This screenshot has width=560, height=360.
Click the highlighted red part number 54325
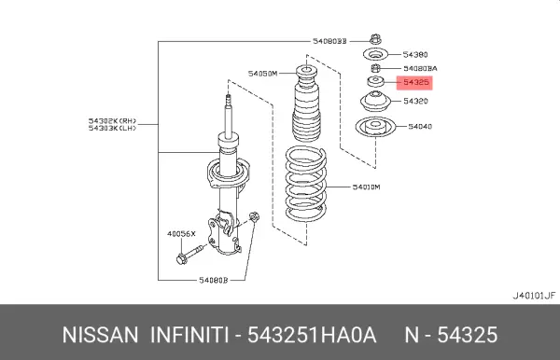[415, 82]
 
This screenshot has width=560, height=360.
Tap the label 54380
[415, 55]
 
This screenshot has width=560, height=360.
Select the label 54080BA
[420, 68]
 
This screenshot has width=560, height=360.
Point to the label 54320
[415, 101]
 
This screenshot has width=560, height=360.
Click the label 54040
[420, 126]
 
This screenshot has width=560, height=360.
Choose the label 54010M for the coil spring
[367, 187]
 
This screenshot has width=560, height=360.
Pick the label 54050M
[263, 74]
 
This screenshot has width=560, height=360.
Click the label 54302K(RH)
[113, 121]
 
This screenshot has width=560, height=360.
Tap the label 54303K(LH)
[113, 128]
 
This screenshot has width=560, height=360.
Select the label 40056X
[181, 234]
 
